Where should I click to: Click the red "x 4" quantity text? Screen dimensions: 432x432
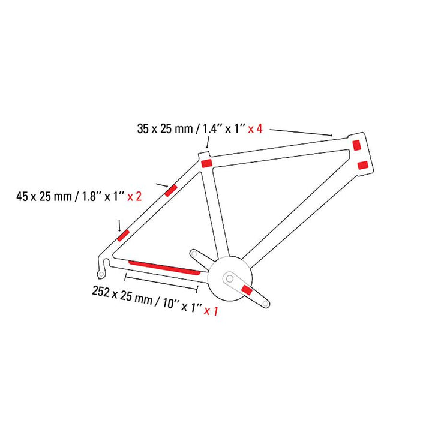point(255,128)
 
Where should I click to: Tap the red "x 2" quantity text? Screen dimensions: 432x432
point(134,196)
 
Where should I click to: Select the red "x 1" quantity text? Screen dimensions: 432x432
point(211,311)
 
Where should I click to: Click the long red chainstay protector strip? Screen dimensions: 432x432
point(164,268)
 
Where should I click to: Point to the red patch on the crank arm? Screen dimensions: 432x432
point(247,290)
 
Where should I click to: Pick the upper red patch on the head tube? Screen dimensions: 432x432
point(357,145)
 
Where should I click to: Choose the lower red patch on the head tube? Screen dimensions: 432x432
point(363,166)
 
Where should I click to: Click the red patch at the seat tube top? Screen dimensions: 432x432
point(206,163)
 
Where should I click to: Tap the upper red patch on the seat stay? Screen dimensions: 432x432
point(171,190)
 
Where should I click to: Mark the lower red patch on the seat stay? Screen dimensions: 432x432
point(124,235)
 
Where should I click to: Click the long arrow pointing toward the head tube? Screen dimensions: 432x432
point(301,133)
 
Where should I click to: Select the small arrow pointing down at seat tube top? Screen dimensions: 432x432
point(208,143)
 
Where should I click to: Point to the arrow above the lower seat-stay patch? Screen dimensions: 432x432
point(119,226)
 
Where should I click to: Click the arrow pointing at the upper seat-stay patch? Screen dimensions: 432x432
point(162,185)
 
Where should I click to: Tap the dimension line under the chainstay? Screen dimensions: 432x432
point(161,283)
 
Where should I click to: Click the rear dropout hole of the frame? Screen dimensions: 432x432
point(101,274)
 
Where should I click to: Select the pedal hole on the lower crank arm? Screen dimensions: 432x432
point(265,304)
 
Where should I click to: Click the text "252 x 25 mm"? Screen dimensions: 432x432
point(122,294)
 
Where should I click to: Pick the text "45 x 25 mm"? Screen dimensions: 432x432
point(44,196)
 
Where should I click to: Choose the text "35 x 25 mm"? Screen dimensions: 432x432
point(165,128)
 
